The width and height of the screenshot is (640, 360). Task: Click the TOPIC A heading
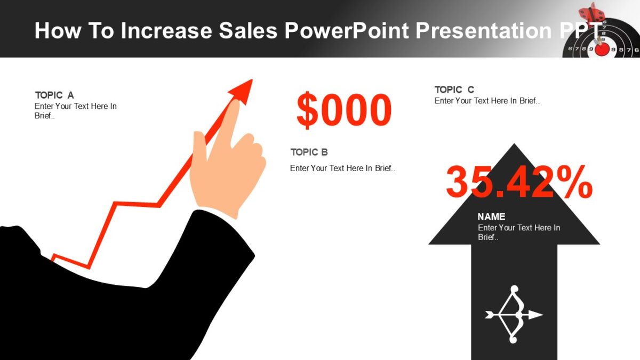pos(54,95)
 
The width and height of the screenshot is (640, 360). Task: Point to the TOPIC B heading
pos(309,152)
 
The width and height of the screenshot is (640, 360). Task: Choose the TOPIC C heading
pos(454,90)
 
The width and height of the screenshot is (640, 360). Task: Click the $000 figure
pos(344,110)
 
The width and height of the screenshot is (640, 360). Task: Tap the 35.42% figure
pos(518,182)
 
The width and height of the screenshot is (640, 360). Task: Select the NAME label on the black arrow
pos(491,217)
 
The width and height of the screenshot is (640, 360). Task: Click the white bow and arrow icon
pos(513,315)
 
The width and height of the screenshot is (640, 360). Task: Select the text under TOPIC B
pos(342,168)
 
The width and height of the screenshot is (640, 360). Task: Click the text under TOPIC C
pos(487,101)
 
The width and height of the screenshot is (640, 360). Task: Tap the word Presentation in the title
pos(483,30)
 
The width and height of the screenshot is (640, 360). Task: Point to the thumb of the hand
pos(199,147)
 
